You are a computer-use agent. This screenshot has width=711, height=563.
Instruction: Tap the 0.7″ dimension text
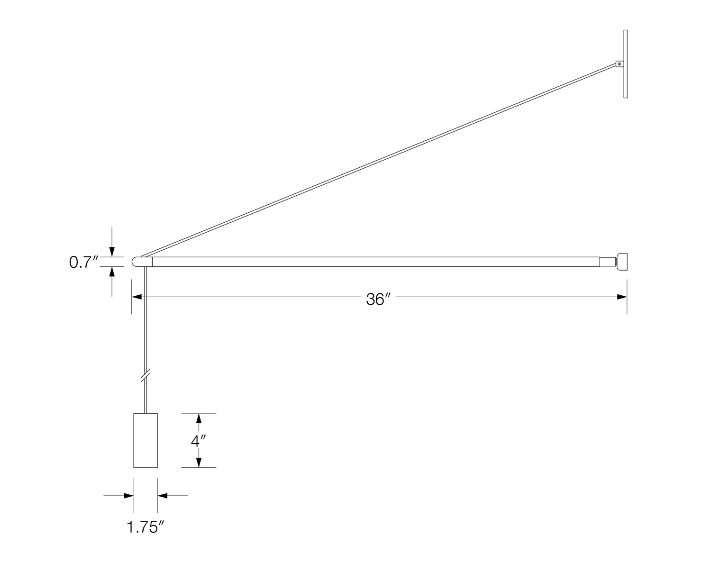(83, 262)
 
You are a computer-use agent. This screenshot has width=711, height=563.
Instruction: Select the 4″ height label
(197, 441)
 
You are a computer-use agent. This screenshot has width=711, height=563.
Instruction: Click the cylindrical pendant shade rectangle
(146, 440)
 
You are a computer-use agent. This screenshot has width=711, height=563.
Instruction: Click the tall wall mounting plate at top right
(626, 64)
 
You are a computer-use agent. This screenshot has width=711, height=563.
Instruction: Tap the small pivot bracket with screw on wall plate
(619, 64)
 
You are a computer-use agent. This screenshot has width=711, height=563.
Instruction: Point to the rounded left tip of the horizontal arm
(136, 262)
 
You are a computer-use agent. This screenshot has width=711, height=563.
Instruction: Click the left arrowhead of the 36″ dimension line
(137, 297)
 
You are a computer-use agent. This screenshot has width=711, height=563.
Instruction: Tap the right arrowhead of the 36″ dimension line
(622, 297)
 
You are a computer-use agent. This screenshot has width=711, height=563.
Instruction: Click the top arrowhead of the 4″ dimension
(199, 418)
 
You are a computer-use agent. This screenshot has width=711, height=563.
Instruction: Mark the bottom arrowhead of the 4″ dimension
(199, 462)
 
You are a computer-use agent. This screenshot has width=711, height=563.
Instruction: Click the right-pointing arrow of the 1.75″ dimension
(128, 496)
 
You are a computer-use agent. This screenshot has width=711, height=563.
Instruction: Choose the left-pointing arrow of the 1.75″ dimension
(163, 496)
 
